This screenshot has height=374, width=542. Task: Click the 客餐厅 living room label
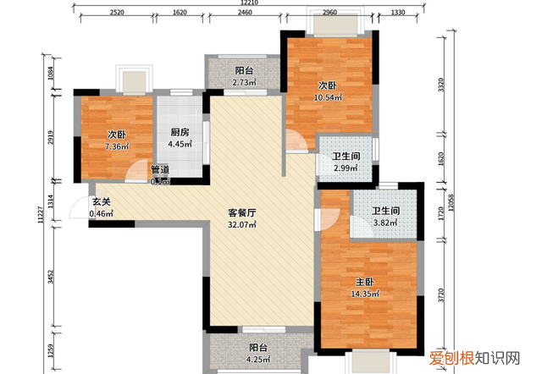[x=242, y=213]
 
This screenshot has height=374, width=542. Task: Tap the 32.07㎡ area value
[x=242, y=226]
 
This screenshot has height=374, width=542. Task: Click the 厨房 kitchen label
[x=179, y=133]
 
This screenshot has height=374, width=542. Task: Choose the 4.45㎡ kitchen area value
[x=179, y=145]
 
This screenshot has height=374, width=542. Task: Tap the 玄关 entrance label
[x=101, y=201]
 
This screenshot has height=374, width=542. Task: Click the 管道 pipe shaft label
[x=160, y=169]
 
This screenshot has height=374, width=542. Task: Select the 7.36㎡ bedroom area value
[x=117, y=147]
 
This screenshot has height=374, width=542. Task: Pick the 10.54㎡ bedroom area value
[x=329, y=98]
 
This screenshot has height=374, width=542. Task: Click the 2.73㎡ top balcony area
[x=245, y=83]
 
